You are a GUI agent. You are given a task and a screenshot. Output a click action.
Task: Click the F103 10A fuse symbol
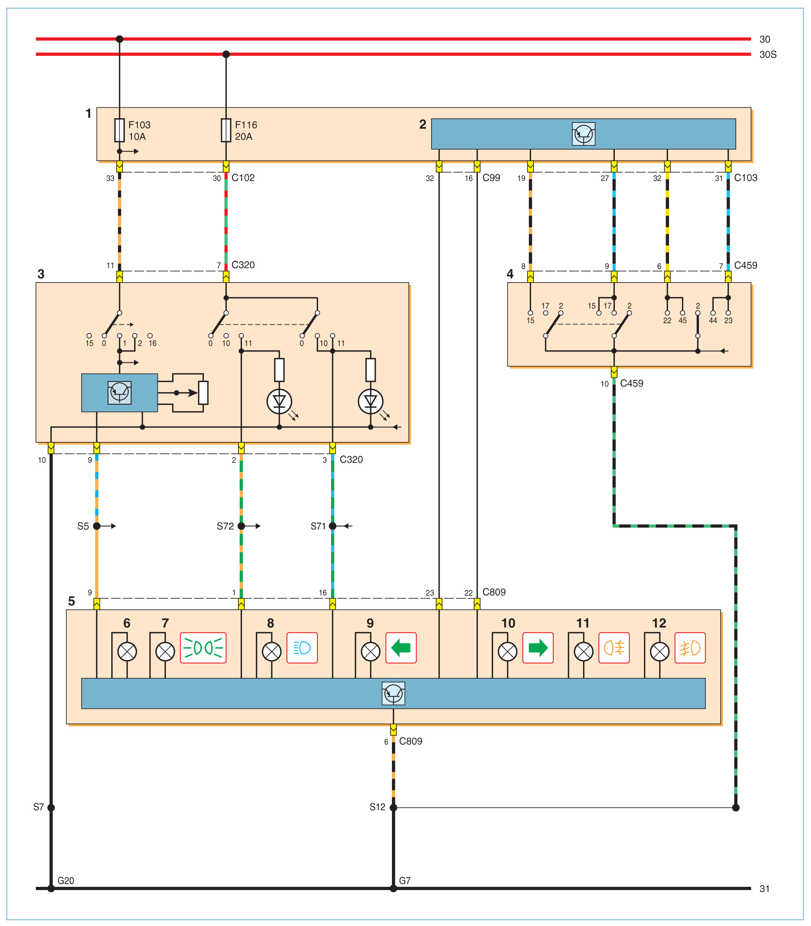click(119, 130)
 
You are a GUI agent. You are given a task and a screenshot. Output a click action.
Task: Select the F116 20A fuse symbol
click(226, 130)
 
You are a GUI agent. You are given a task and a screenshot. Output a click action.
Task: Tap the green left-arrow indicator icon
click(400, 648)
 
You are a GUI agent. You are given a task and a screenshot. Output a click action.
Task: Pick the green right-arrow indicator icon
click(538, 648)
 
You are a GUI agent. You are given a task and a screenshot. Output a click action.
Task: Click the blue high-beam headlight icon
click(302, 648)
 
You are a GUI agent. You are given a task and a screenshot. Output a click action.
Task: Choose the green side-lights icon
click(203, 648)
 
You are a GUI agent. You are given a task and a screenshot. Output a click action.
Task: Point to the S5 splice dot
click(97, 526)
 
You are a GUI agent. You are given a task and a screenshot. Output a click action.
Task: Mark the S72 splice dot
click(241, 526)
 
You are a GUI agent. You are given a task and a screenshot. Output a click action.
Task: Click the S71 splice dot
click(333, 526)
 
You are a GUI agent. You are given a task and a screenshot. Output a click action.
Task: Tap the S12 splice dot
click(393, 807)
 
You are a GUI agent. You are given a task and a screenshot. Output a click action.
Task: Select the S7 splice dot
click(51, 807)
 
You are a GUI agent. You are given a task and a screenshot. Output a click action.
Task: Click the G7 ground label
click(405, 881)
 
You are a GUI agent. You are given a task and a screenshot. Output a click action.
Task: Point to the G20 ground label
click(66, 881)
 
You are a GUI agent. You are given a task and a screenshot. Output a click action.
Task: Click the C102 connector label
click(243, 178)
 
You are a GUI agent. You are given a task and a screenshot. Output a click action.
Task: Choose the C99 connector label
click(491, 178)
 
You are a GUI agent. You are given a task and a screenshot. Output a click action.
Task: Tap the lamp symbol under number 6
click(127, 652)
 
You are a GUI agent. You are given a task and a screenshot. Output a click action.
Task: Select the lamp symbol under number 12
click(659, 652)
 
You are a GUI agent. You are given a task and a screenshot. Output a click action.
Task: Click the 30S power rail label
click(768, 54)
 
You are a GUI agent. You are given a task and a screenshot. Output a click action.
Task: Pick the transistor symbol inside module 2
click(583, 134)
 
